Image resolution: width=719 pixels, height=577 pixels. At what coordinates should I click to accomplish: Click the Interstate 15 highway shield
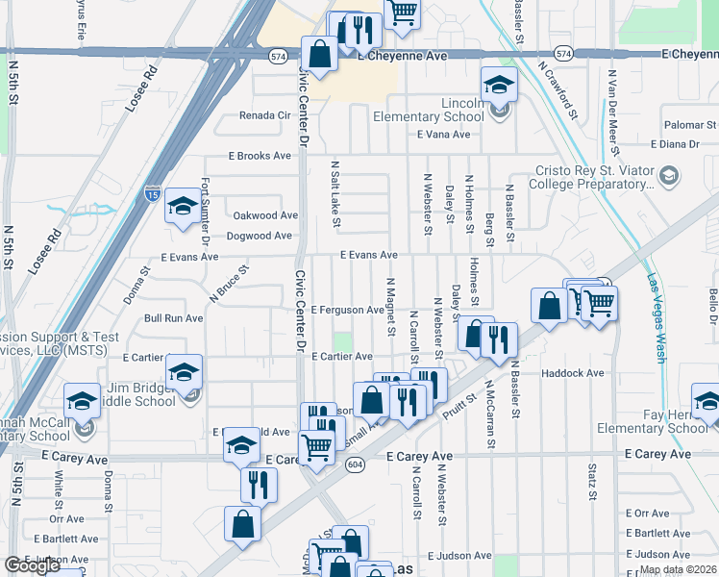[152, 192]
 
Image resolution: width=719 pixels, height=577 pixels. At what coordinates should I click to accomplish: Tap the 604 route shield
[355, 464]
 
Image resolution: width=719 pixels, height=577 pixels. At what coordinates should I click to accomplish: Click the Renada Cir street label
[264, 115]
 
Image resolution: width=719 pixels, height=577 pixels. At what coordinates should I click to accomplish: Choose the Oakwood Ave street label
[264, 215]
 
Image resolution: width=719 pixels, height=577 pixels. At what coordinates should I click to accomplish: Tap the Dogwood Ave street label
[259, 236]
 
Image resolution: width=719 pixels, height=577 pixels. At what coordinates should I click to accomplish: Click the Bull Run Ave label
[173, 317]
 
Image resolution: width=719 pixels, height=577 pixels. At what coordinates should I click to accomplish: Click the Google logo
[31, 565]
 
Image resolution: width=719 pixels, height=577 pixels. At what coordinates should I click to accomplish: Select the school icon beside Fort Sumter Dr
[182, 206]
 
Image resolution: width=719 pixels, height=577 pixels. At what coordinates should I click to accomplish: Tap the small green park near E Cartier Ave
[342, 341]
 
